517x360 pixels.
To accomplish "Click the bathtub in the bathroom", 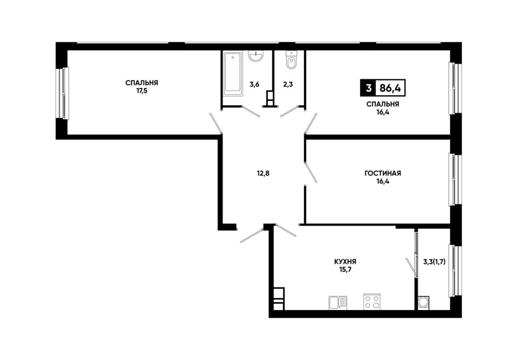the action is [233, 74].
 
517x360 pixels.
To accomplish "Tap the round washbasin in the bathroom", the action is [256, 56].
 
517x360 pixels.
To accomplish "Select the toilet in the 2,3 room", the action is [291, 60].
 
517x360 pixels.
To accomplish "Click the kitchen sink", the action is [338, 302].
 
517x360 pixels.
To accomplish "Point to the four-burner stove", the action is [372, 301].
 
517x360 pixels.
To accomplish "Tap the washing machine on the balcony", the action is [423, 302].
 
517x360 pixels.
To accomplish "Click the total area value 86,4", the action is [390, 88].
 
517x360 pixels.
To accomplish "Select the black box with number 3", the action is [368, 88].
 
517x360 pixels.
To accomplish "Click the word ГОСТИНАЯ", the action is [383, 173].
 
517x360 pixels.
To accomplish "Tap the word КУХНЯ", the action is [345, 262].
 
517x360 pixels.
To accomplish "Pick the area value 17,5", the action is [142, 91].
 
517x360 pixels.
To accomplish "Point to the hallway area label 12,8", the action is [263, 173].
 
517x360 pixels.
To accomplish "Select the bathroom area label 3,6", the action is [254, 84].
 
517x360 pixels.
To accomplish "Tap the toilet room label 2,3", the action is [288, 84].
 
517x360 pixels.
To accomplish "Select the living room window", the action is [455, 180].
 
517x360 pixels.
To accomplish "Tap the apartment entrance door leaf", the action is [252, 235].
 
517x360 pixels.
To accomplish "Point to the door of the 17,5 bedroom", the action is [216, 123].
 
